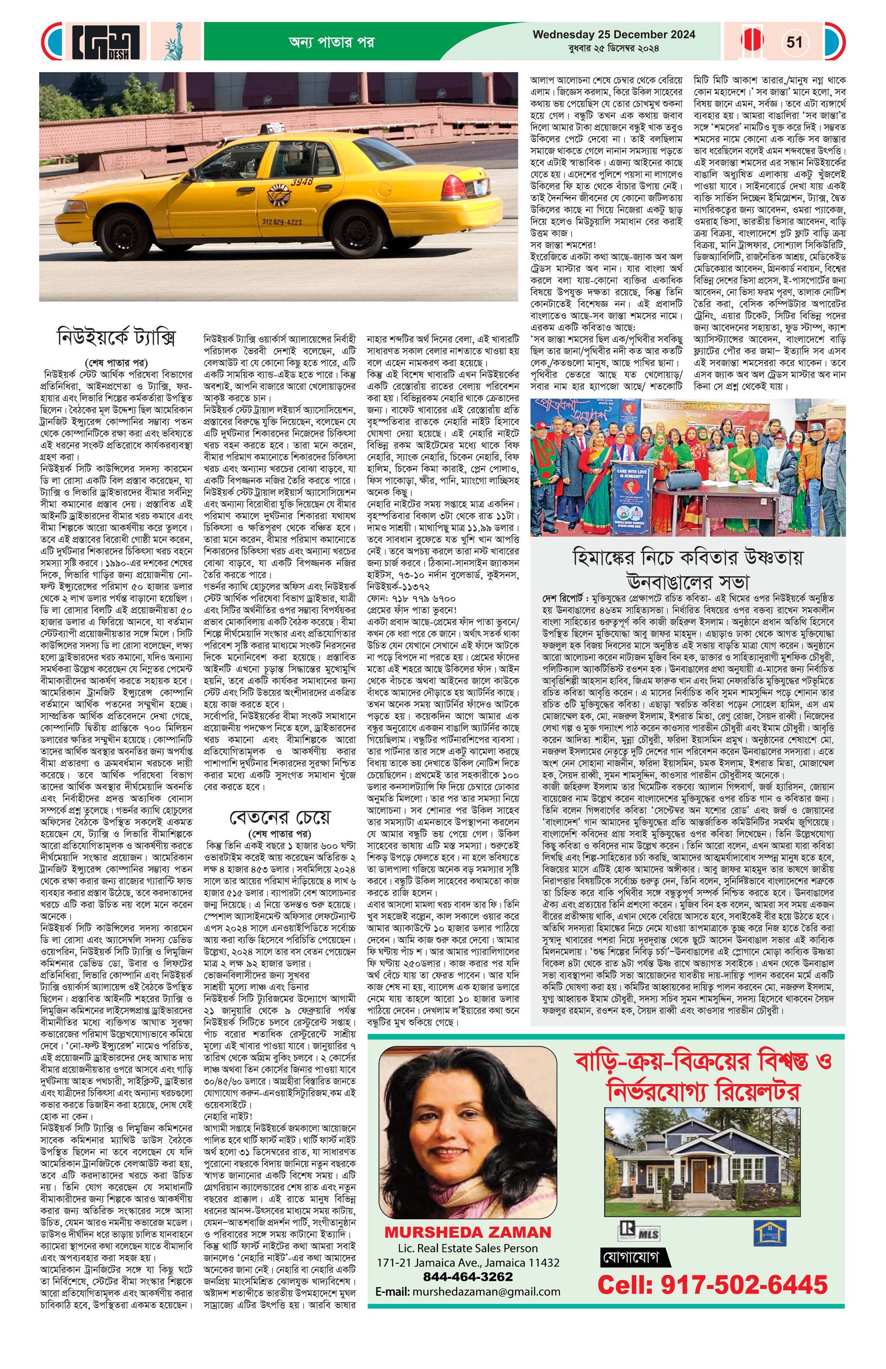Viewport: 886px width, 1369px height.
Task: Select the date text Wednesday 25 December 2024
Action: (613, 35)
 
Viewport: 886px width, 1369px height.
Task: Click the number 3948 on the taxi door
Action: (302, 182)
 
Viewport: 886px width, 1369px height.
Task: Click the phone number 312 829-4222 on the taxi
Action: (282, 222)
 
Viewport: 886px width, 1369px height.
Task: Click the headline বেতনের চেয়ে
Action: (280, 817)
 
